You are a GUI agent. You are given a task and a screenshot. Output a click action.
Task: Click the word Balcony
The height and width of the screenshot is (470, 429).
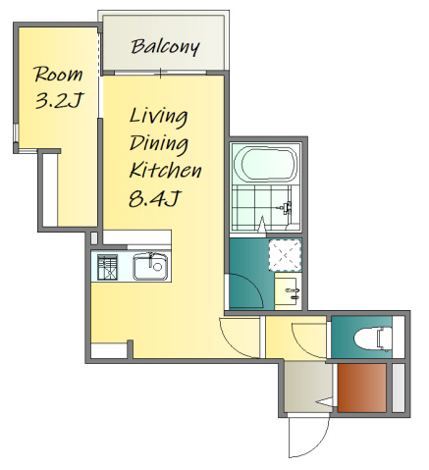coord(165,47)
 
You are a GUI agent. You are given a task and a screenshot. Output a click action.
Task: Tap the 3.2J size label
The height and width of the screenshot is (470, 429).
coord(59,101)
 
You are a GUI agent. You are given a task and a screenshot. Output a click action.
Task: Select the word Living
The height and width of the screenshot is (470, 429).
coord(158,117)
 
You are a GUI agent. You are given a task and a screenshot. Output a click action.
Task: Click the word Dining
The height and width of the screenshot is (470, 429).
coord(159,144)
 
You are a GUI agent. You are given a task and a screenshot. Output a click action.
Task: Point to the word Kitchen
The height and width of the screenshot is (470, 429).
coord(165,170)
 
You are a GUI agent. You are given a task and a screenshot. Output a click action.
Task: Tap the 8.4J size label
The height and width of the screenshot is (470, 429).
coord(154,198)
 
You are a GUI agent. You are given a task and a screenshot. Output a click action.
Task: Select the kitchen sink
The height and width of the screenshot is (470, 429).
coord(150,267)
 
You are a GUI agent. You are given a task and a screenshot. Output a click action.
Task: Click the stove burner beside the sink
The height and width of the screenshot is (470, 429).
coord(107,267)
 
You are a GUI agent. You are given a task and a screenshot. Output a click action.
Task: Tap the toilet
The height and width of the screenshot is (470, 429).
coord(373,339)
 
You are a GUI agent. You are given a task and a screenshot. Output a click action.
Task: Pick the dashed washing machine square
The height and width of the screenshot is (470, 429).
coord(285,255)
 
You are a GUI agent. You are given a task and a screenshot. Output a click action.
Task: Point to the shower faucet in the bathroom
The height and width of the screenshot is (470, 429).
coord(286,207)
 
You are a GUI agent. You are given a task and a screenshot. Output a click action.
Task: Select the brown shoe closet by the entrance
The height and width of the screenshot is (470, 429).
coord(362,388)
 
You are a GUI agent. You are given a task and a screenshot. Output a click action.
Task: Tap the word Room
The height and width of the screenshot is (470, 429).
coord(58,75)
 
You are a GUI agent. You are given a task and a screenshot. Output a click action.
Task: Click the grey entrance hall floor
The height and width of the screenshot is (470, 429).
coord(308,387)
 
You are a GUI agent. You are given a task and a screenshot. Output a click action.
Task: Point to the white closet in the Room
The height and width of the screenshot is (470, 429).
coord(50,189)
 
